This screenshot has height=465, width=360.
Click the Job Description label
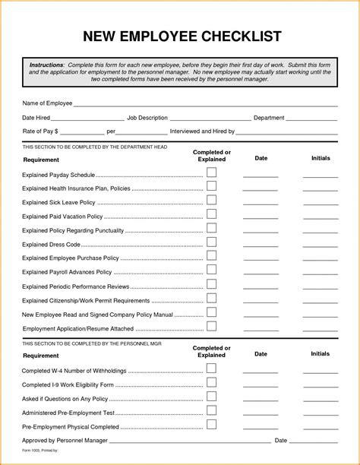(147, 118)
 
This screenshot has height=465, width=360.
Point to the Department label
(269, 118)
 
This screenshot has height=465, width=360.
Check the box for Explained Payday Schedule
(211, 173)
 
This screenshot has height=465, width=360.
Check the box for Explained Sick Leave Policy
(211, 200)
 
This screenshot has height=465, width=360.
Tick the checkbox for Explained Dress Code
(211, 242)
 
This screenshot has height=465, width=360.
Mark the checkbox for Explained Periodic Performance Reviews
(211, 284)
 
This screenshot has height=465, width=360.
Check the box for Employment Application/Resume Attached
(211, 326)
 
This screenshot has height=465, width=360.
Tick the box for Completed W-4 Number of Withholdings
(211, 369)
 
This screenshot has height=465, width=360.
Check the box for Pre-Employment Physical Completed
(211, 425)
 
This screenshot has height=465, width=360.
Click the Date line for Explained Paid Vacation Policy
(261, 219)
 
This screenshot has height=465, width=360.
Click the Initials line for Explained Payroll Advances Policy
(320, 274)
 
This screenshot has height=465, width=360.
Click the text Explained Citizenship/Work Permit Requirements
(85, 301)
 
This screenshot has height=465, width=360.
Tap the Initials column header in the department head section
(320, 158)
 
